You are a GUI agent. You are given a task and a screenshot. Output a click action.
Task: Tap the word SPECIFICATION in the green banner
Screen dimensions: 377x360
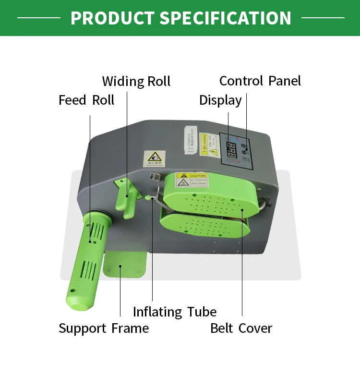[225, 18]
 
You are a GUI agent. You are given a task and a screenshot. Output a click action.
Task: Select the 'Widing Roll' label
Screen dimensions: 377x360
[136, 81]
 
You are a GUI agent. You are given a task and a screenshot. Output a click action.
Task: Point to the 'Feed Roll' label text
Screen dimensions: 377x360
[86, 100]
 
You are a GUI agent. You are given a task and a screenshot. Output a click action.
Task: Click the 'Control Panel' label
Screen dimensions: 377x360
[260, 81]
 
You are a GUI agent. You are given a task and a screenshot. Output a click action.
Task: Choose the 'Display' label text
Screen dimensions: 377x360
[220, 100]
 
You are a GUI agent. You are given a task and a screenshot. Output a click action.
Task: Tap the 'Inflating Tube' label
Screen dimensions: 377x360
[175, 312]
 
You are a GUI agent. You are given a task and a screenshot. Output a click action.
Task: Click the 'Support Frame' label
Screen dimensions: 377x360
[104, 328]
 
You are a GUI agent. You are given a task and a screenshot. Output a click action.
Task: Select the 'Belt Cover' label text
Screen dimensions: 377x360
[241, 328]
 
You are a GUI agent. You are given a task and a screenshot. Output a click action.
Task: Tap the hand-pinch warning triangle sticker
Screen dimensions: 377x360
[154, 158]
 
